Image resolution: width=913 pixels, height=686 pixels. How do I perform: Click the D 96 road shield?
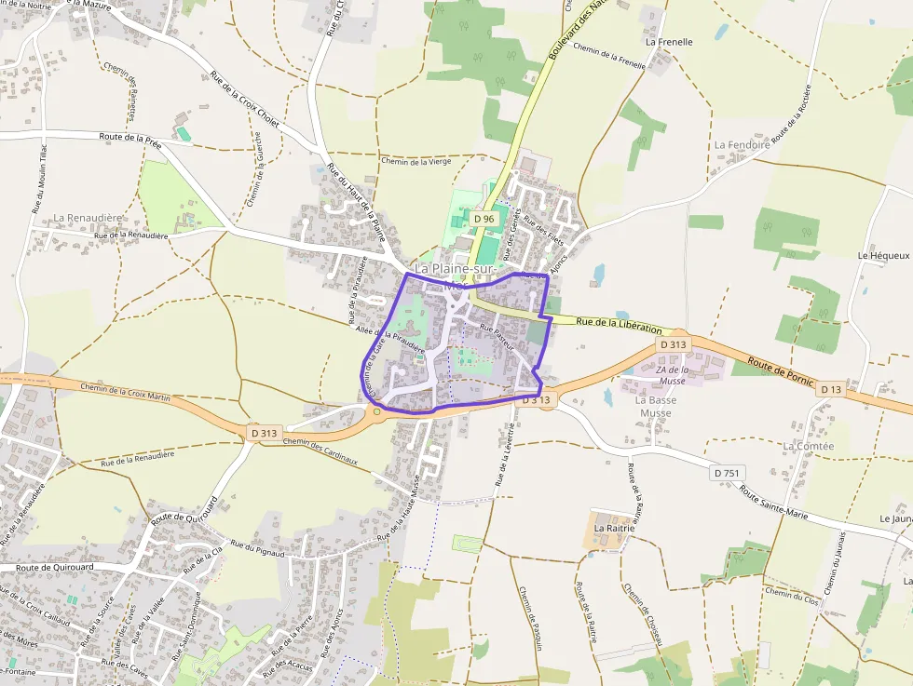[x=484, y=219]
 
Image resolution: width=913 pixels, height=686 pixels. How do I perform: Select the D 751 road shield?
[x=729, y=473]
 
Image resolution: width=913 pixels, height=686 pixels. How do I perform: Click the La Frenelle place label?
[x=669, y=42]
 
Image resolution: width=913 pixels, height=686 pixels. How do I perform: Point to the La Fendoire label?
[x=743, y=145]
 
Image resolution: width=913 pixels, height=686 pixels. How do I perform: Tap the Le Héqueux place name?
[x=883, y=255]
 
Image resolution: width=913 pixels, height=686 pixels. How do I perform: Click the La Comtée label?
[x=809, y=446]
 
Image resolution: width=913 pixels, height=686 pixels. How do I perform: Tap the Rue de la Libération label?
[x=620, y=325]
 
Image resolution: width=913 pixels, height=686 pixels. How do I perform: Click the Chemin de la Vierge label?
[x=416, y=161]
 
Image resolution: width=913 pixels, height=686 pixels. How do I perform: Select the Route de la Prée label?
[x=129, y=140]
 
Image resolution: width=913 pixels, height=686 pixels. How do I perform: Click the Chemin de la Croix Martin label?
[x=126, y=391]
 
